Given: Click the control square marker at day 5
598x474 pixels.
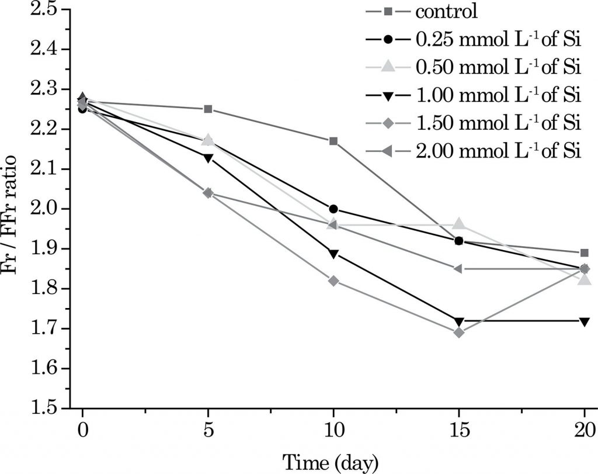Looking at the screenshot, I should pos(208,109).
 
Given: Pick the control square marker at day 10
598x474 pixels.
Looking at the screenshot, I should pos(333,141).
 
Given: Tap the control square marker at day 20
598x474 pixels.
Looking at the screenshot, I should pos(584,253).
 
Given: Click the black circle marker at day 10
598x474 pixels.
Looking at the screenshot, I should pos(333,209).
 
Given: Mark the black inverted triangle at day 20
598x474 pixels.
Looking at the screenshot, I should pos(584,321).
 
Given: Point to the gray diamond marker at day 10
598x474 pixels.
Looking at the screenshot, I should pos(333,281).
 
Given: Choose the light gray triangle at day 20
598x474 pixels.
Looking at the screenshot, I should pos(584,280).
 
